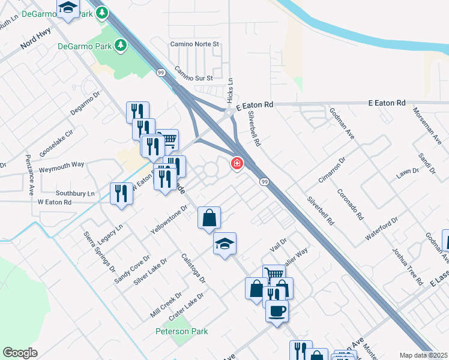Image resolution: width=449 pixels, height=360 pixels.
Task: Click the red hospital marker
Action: click(x=237, y=163)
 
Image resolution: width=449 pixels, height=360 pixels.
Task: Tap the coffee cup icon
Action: click(x=277, y=311)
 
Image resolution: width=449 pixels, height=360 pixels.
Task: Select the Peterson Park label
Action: click(x=181, y=331)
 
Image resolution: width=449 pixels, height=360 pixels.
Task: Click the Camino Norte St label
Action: click(x=195, y=44)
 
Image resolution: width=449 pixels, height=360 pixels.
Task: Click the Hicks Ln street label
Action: click(x=230, y=91)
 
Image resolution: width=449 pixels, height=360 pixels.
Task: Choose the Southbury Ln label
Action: click(x=75, y=194)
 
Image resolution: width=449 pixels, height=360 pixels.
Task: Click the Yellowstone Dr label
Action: click(x=169, y=220)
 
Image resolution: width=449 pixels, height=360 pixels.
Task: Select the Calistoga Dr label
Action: click(x=193, y=268)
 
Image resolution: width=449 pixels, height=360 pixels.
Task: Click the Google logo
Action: click(x=20, y=353)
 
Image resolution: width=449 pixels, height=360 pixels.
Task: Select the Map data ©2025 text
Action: click(x=424, y=355)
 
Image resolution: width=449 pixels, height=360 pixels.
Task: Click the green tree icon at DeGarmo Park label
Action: click(x=121, y=45)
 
